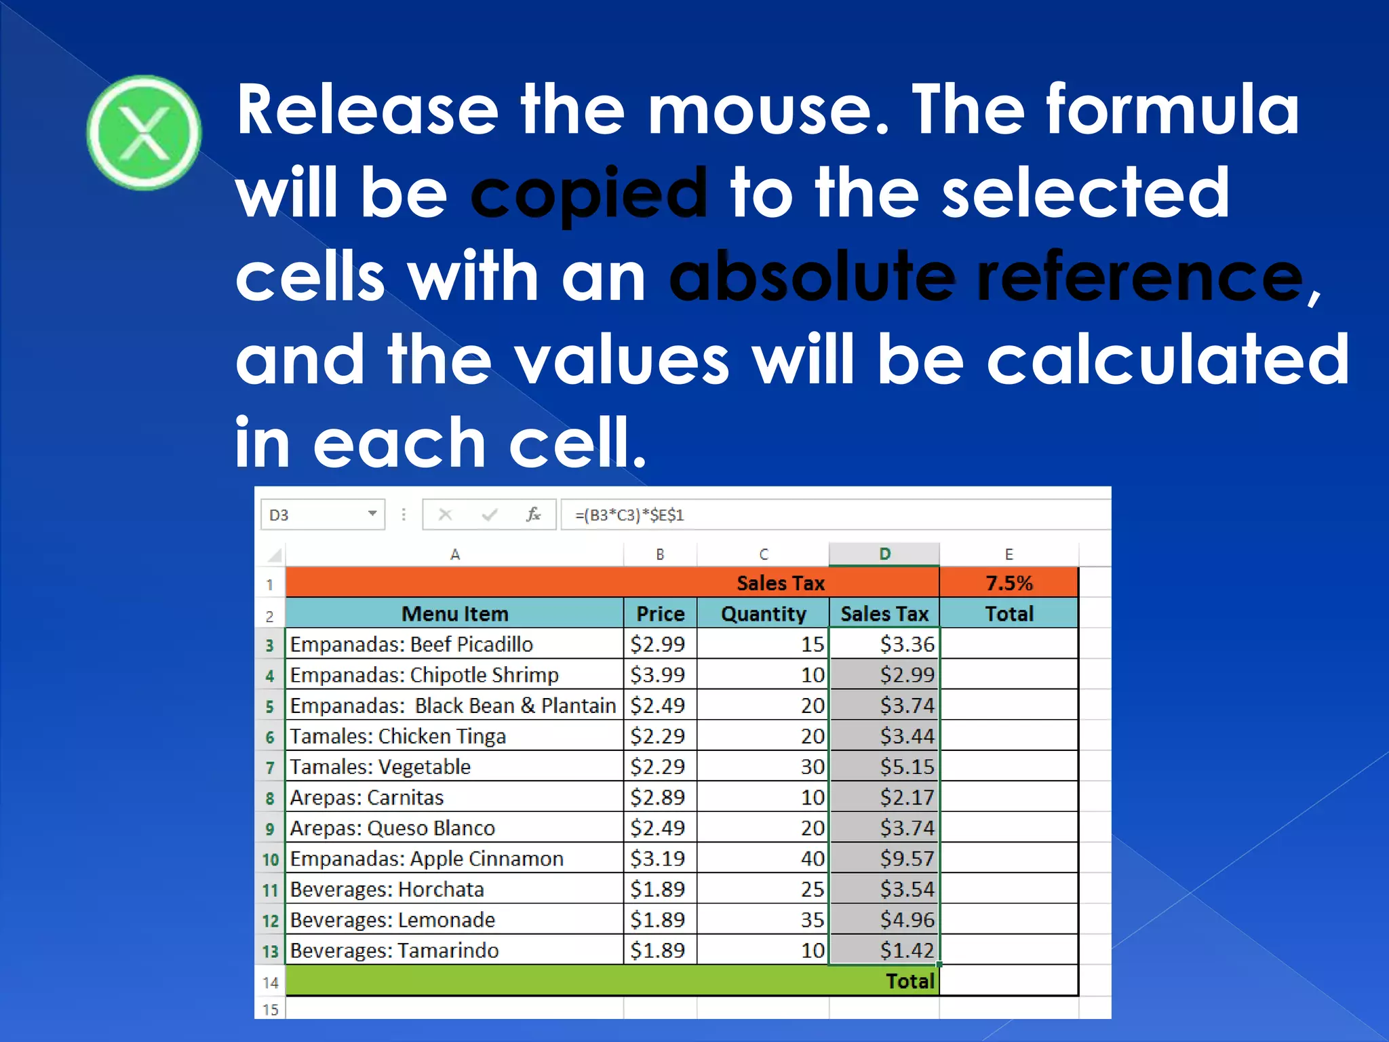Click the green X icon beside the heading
point(144,133)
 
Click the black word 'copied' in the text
point(588,195)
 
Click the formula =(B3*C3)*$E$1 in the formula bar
point(629,515)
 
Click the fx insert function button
point(533,515)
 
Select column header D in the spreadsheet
point(884,554)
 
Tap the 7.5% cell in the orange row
point(1009,583)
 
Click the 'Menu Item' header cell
point(454,614)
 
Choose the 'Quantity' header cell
point(763,614)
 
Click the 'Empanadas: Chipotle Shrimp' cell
point(425,675)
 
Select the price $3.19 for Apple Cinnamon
point(658,859)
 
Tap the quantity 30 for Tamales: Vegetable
point(812,767)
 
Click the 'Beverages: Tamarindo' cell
point(394,950)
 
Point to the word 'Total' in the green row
point(909,981)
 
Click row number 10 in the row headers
point(270,860)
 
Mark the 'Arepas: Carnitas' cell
point(367,798)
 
